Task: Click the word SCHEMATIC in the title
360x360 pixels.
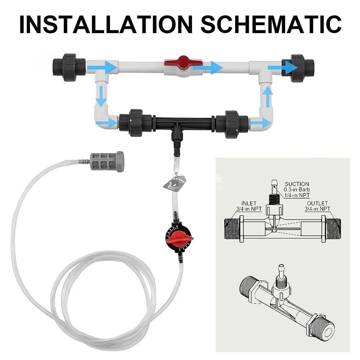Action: click(271, 24)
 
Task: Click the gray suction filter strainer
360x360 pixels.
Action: click(107, 162)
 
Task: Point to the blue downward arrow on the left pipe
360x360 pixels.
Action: click(101, 96)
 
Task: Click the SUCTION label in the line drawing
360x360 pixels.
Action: click(297, 184)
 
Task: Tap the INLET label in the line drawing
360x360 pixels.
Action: click(249, 203)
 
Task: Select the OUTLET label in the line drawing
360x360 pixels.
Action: click(317, 203)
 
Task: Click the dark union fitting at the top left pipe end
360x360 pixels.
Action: click(69, 68)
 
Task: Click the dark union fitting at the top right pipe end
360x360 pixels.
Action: click(298, 68)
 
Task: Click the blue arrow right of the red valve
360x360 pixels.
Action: click(208, 68)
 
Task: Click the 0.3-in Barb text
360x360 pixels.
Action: click(297, 190)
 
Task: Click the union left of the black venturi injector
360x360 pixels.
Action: click(135, 123)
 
